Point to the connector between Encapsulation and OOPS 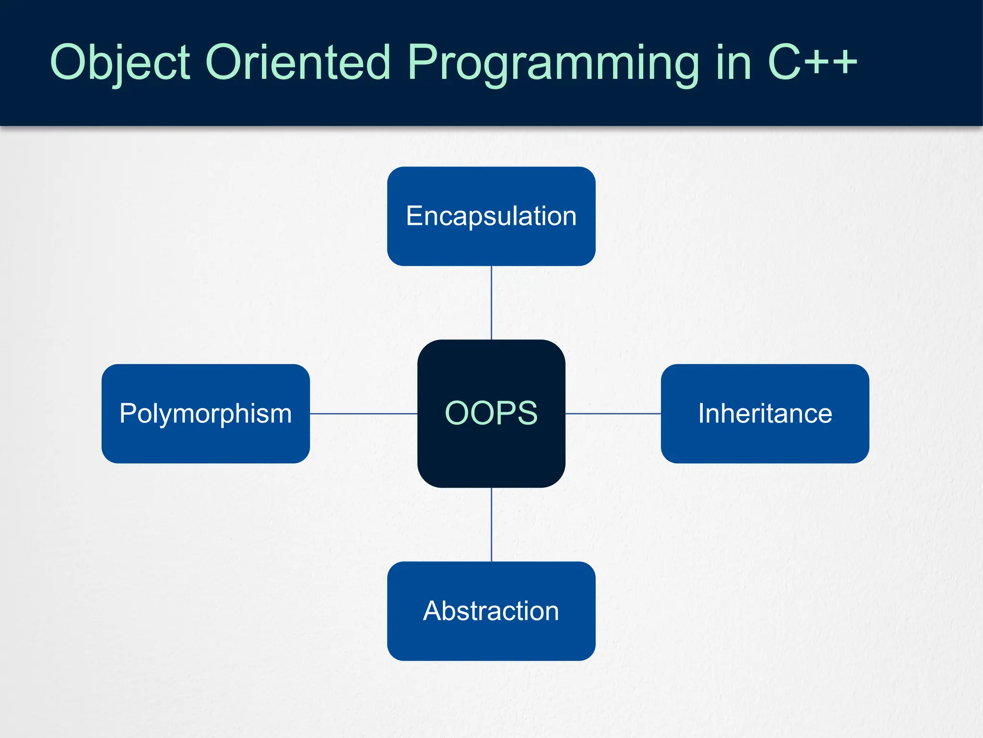(x=491, y=303)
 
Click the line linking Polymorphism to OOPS (x=363, y=413)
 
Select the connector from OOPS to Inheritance (x=613, y=413)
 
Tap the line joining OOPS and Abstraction (x=491, y=524)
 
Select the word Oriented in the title (x=298, y=62)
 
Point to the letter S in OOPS (x=524, y=413)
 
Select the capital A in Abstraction (x=433, y=611)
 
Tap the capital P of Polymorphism (x=129, y=413)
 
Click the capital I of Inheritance (x=701, y=413)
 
